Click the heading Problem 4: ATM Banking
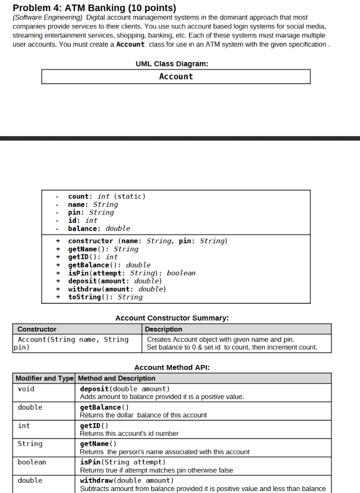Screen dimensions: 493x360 pos(94,8)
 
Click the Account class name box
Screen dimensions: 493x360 pos(176,77)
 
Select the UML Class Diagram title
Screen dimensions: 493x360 pos(172,64)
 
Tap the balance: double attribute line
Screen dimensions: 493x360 pos(99,229)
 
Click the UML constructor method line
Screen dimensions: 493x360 pos(147,241)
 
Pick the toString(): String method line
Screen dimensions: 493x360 pos(105,297)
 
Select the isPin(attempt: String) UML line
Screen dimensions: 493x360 pos(131,273)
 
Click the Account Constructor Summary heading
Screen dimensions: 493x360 pos(172,318)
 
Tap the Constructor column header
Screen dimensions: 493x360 pos(37,329)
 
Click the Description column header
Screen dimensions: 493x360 pos(164,329)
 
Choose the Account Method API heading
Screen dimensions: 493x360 pos(172,367)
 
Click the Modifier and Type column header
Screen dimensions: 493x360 pos(45,378)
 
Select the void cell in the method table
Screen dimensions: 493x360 pos(26,389)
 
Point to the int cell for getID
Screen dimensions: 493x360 pos(24,426)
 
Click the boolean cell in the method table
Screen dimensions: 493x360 pos(32,462)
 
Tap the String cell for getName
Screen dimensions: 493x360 pos(30,444)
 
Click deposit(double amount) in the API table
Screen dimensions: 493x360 pos(125,389)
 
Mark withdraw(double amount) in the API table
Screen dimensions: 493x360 pos(127,480)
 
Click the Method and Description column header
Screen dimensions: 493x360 pos(116,378)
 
